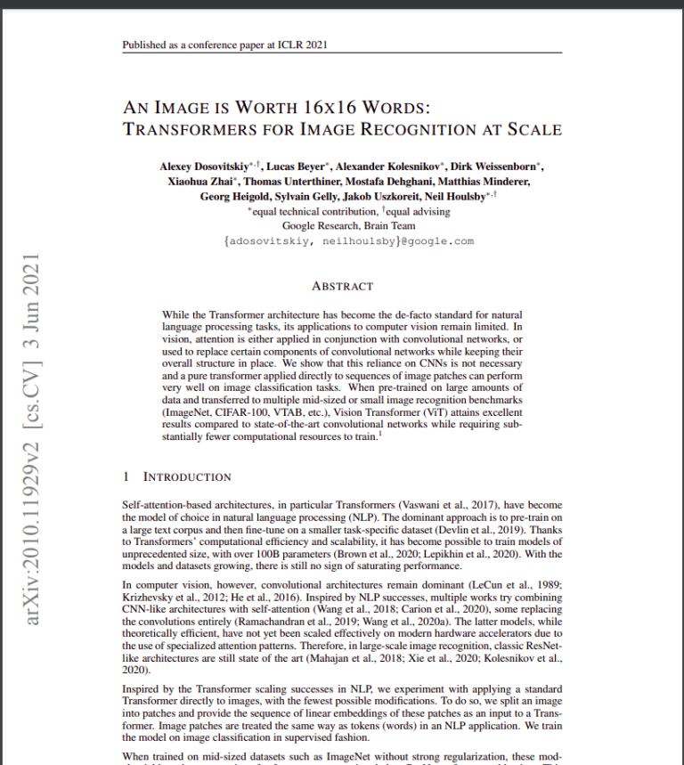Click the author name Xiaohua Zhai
click(x=198, y=182)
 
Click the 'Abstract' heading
click(x=342, y=287)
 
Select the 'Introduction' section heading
click(x=187, y=476)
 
